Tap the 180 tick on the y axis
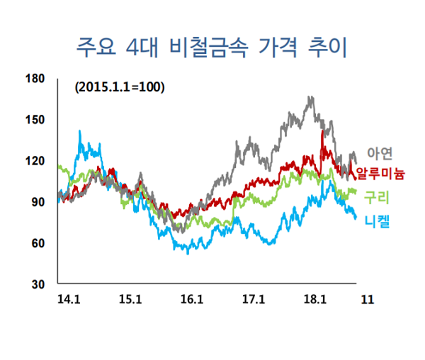point(35,78)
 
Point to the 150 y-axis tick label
point(35,119)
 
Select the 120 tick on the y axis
point(35,161)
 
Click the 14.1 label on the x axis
point(68,299)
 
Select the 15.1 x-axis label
point(130,299)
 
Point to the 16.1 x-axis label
point(191,299)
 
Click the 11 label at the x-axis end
point(367,299)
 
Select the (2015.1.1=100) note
point(119,88)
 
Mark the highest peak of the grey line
point(310,98)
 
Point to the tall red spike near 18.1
point(323,131)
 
